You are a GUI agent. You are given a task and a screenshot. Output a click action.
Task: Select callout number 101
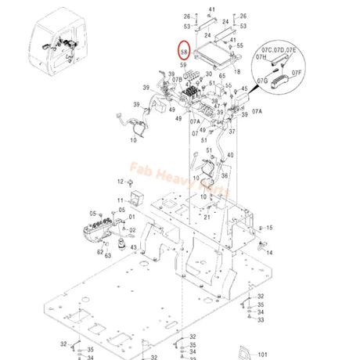click(262, 354)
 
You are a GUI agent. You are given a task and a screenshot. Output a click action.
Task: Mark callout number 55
click(239, 46)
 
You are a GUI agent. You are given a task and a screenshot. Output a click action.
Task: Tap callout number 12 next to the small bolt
click(121, 182)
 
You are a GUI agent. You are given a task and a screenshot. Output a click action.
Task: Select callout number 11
click(121, 200)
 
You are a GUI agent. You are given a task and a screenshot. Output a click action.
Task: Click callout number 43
click(134, 248)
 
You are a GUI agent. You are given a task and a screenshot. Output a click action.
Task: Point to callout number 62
click(100, 251)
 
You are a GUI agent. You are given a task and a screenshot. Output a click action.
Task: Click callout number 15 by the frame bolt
click(270, 228)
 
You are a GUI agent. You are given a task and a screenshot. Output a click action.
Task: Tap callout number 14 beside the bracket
click(270, 253)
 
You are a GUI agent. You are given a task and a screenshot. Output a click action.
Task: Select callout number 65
click(221, 76)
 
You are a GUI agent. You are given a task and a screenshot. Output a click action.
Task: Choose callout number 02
click(133, 229)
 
